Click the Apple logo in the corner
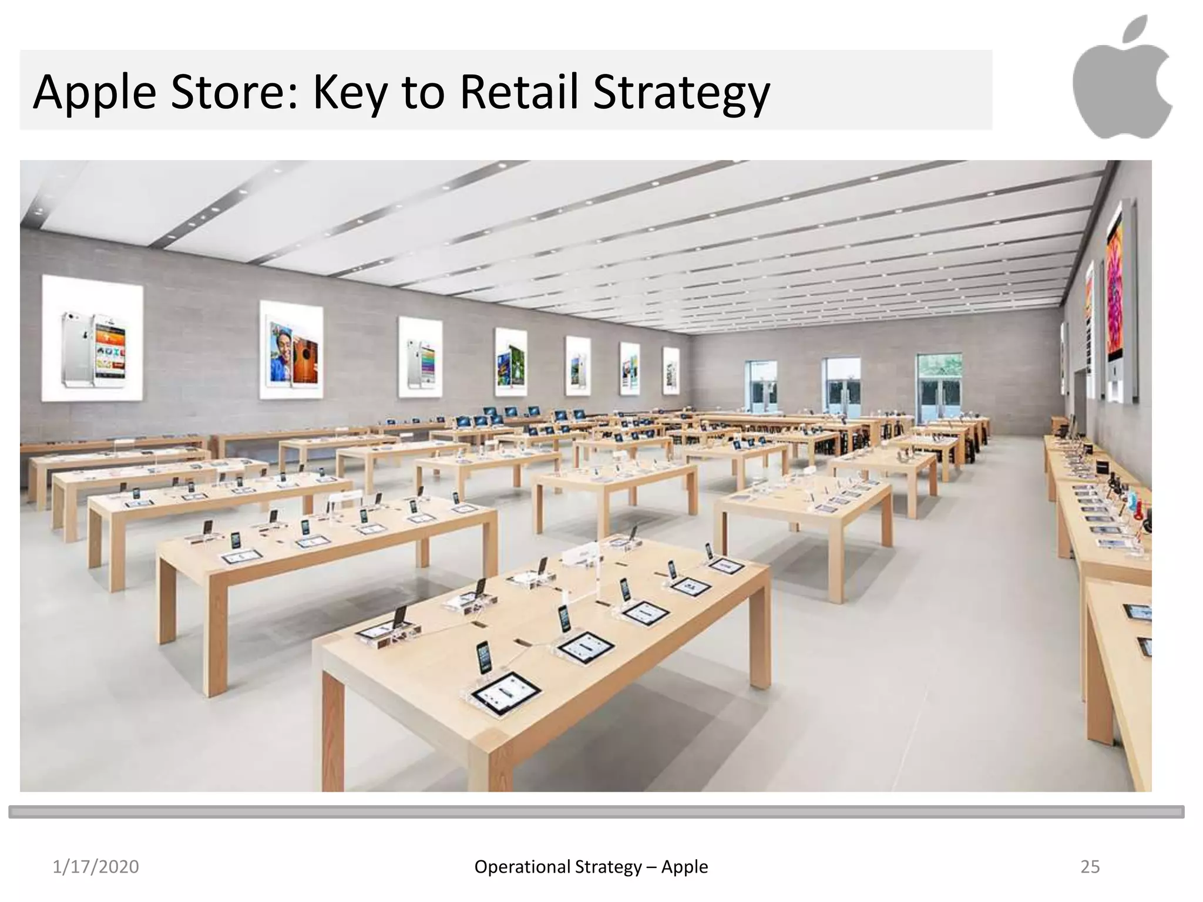click(x=1122, y=79)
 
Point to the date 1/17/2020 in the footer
click(x=96, y=867)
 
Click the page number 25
click(x=1090, y=867)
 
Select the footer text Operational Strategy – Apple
click(x=591, y=867)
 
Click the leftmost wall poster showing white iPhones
click(x=93, y=339)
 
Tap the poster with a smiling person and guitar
click(x=291, y=351)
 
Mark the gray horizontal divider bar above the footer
click(x=596, y=812)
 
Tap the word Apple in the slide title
click(x=95, y=93)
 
